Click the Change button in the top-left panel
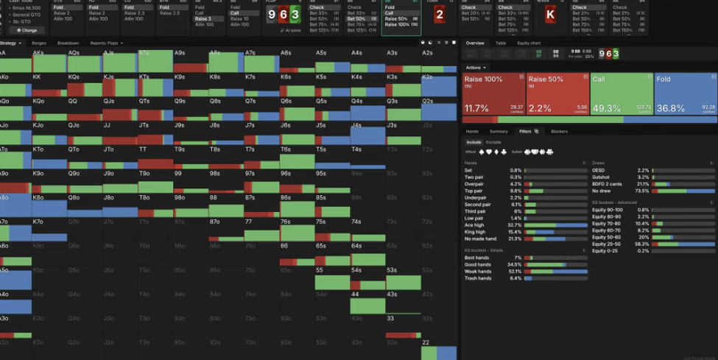27,30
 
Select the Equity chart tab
528,43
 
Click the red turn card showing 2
440,15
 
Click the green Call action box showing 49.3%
622,93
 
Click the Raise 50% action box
557,93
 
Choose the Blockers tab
559,131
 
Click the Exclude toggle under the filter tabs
493,142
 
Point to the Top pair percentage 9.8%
515,190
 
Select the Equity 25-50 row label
608,244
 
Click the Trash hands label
478,278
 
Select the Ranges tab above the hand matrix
39,43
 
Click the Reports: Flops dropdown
107,43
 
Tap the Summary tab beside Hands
499,131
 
